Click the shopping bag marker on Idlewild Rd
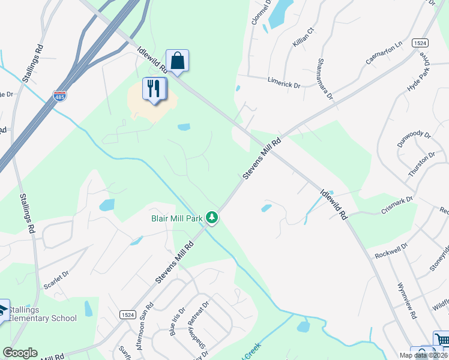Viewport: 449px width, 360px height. (x=177, y=61)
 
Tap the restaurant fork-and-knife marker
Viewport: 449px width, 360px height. (x=154, y=89)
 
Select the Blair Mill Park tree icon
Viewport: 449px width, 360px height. (x=211, y=218)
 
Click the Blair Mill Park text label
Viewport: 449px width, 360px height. (x=176, y=218)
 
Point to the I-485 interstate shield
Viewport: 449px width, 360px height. (x=59, y=95)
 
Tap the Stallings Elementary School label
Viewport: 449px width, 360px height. (x=43, y=314)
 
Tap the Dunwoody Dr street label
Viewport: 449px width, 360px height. (x=414, y=140)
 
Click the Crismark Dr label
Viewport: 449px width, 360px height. (x=397, y=205)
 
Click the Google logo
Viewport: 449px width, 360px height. (x=20, y=353)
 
